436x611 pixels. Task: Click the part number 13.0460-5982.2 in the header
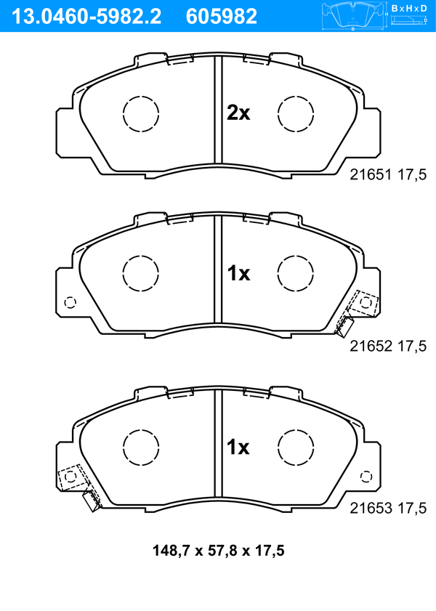click(87, 16)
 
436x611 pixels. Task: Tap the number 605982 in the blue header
click(222, 16)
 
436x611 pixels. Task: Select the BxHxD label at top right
click(409, 8)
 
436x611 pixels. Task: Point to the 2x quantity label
click(238, 113)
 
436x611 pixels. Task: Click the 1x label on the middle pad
click(238, 274)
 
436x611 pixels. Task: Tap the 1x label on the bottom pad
click(238, 447)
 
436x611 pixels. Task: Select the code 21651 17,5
click(388, 174)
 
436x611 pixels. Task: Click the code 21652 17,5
click(388, 346)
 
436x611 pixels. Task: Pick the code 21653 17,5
click(388, 508)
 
